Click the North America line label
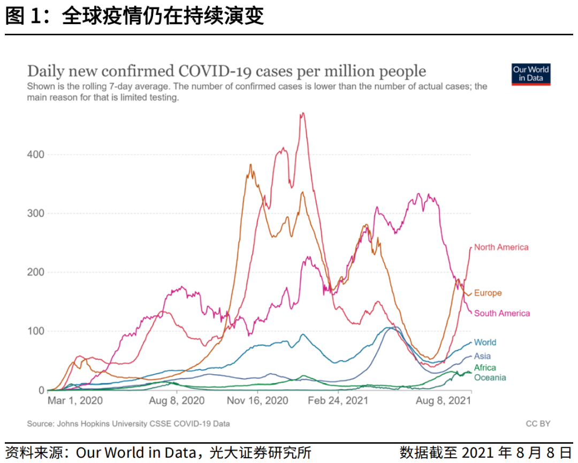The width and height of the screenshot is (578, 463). pyautogui.click(x=501, y=247)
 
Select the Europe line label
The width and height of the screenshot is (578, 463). pyautogui.click(x=488, y=293)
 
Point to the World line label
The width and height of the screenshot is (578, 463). pyautogui.click(x=485, y=343)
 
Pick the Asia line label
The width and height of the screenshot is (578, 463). pyautogui.click(x=482, y=356)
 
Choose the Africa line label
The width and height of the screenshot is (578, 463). pyautogui.click(x=485, y=368)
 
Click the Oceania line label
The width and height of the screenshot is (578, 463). pyautogui.click(x=490, y=378)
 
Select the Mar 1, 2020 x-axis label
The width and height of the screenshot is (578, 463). pyautogui.click(x=75, y=400)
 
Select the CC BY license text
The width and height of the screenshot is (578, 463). pyautogui.click(x=538, y=424)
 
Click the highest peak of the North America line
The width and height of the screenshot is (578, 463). pyautogui.click(x=303, y=113)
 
